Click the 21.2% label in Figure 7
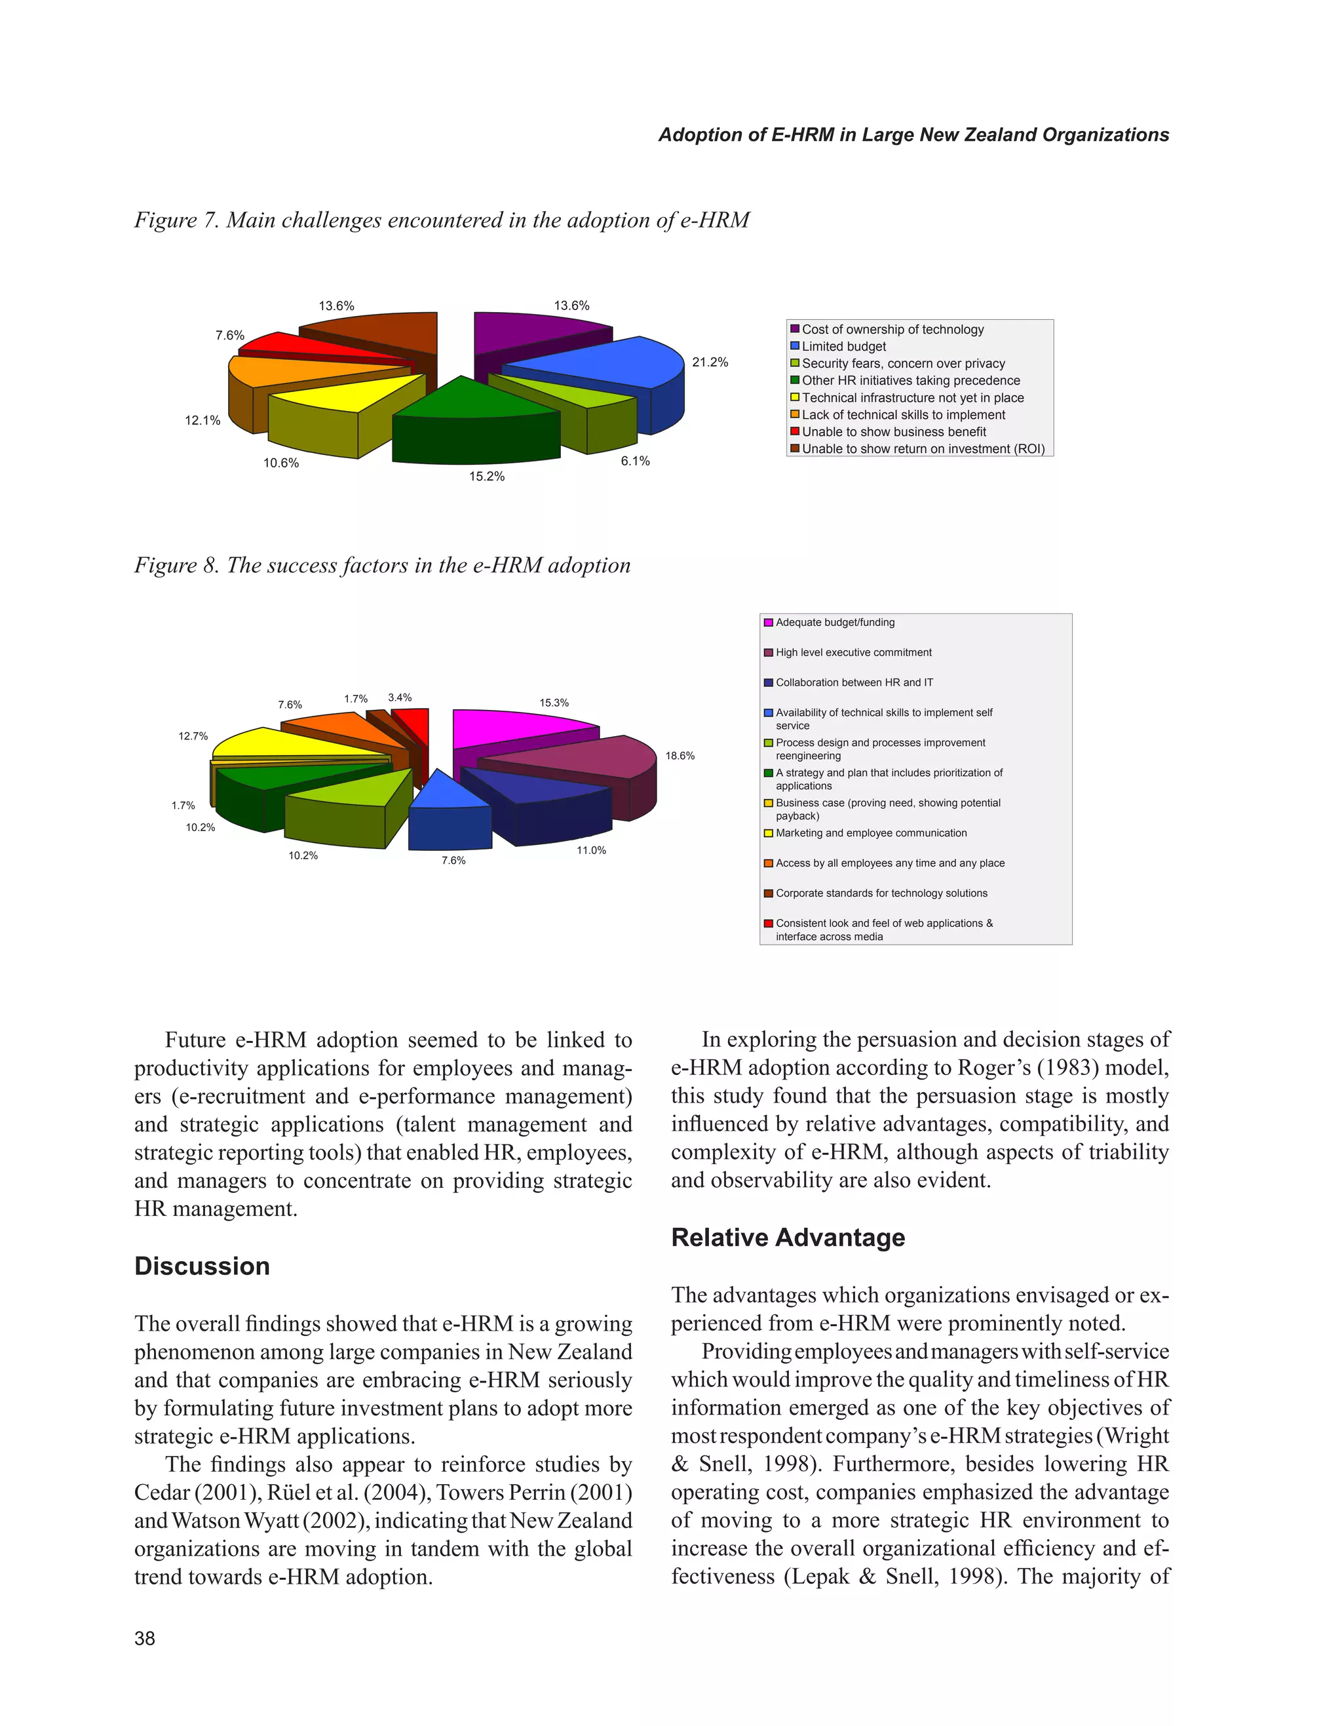[709, 362]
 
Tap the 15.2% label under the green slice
[487, 477]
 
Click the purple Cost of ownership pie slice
[537, 336]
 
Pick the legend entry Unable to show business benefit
[893, 431]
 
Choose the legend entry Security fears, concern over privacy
[903, 364]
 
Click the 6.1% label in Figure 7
[635, 461]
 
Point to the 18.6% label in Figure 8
[680, 756]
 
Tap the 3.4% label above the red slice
[400, 697]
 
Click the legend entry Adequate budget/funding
[835, 623]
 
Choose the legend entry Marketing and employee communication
[870, 833]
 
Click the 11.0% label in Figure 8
[591, 850]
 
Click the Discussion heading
[202, 1266]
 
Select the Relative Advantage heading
[788, 1237]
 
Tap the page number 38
[145, 1638]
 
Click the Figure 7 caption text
[442, 220]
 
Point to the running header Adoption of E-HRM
[913, 135]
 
